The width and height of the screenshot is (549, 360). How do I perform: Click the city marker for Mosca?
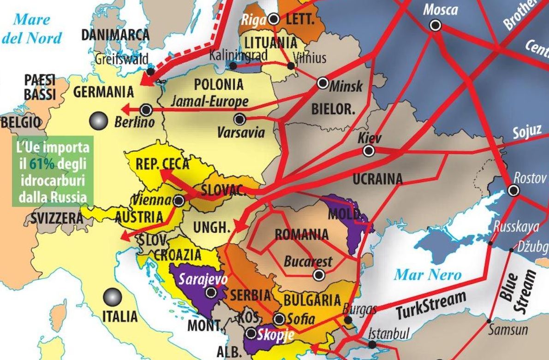click(435, 26)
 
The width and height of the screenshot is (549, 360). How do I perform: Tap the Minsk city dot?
click(323, 83)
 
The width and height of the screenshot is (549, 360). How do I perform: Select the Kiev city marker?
click(368, 151)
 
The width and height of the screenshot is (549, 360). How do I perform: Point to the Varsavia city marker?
click(239, 119)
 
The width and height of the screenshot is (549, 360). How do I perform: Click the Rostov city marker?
click(513, 190)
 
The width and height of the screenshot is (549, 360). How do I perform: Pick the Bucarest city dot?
click(318, 275)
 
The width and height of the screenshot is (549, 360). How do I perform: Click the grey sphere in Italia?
click(113, 297)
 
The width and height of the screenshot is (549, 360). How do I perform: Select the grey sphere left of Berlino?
click(98, 121)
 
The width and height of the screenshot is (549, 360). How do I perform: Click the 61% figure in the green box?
click(39, 163)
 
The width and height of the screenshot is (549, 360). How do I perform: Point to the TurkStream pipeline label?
click(431, 305)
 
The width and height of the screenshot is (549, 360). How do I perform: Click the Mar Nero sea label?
click(427, 275)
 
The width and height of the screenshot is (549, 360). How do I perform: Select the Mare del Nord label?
click(31, 29)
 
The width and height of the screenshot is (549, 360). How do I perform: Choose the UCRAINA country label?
click(377, 179)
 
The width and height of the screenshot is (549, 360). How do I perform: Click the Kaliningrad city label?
click(238, 56)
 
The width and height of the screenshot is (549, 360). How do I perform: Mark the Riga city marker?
click(274, 19)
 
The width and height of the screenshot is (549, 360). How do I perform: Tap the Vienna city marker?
click(179, 201)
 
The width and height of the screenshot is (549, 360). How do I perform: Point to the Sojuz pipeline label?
click(527, 132)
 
